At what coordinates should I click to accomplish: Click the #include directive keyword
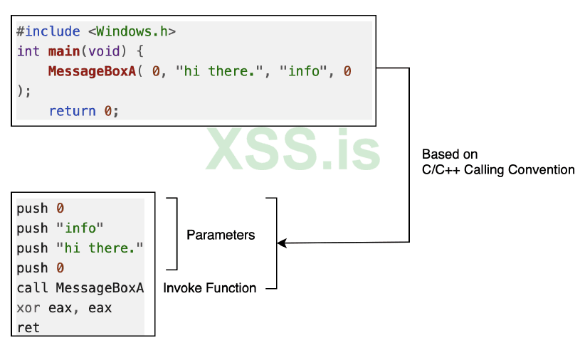coord(50,32)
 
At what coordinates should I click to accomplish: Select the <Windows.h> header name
coord(132,32)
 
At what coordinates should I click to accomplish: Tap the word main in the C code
coord(64,51)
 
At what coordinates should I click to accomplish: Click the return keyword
coord(72,111)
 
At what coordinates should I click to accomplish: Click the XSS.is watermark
coord(293,149)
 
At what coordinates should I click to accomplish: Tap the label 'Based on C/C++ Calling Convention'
coord(497,162)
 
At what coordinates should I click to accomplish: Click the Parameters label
coord(221,235)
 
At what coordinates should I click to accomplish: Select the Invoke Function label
coord(209,288)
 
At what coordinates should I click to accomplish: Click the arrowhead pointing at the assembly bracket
coord(282,243)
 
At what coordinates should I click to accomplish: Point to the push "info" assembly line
coord(60,228)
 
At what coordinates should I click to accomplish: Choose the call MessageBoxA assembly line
coord(80,288)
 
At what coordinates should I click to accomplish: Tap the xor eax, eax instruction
coord(64,308)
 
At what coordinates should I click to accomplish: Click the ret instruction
coord(28,328)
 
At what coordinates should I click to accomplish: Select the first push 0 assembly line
coord(41,208)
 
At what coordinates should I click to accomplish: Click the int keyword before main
coord(28,51)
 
